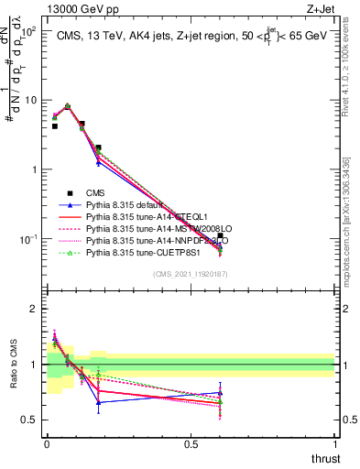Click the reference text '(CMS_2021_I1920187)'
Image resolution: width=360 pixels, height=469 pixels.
191,273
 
